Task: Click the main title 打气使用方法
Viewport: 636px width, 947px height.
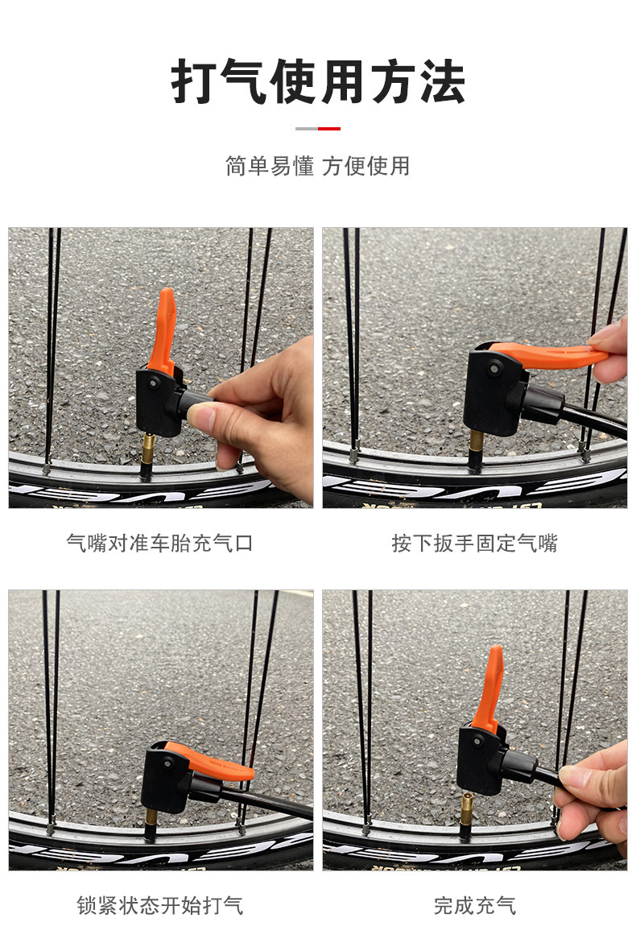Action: coord(318,82)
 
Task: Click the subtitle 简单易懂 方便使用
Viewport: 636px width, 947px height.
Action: coord(318,166)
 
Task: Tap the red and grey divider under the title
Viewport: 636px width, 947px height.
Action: coord(318,128)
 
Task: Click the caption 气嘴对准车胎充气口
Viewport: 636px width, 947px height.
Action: coord(159,543)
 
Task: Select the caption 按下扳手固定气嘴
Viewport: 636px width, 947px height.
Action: coord(475,543)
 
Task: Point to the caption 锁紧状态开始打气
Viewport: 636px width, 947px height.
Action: coord(159,905)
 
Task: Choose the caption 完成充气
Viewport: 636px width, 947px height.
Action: coord(475,905)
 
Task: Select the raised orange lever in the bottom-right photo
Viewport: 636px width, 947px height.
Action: coord(489,689)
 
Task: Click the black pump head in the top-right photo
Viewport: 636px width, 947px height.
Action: coord(496,391)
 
